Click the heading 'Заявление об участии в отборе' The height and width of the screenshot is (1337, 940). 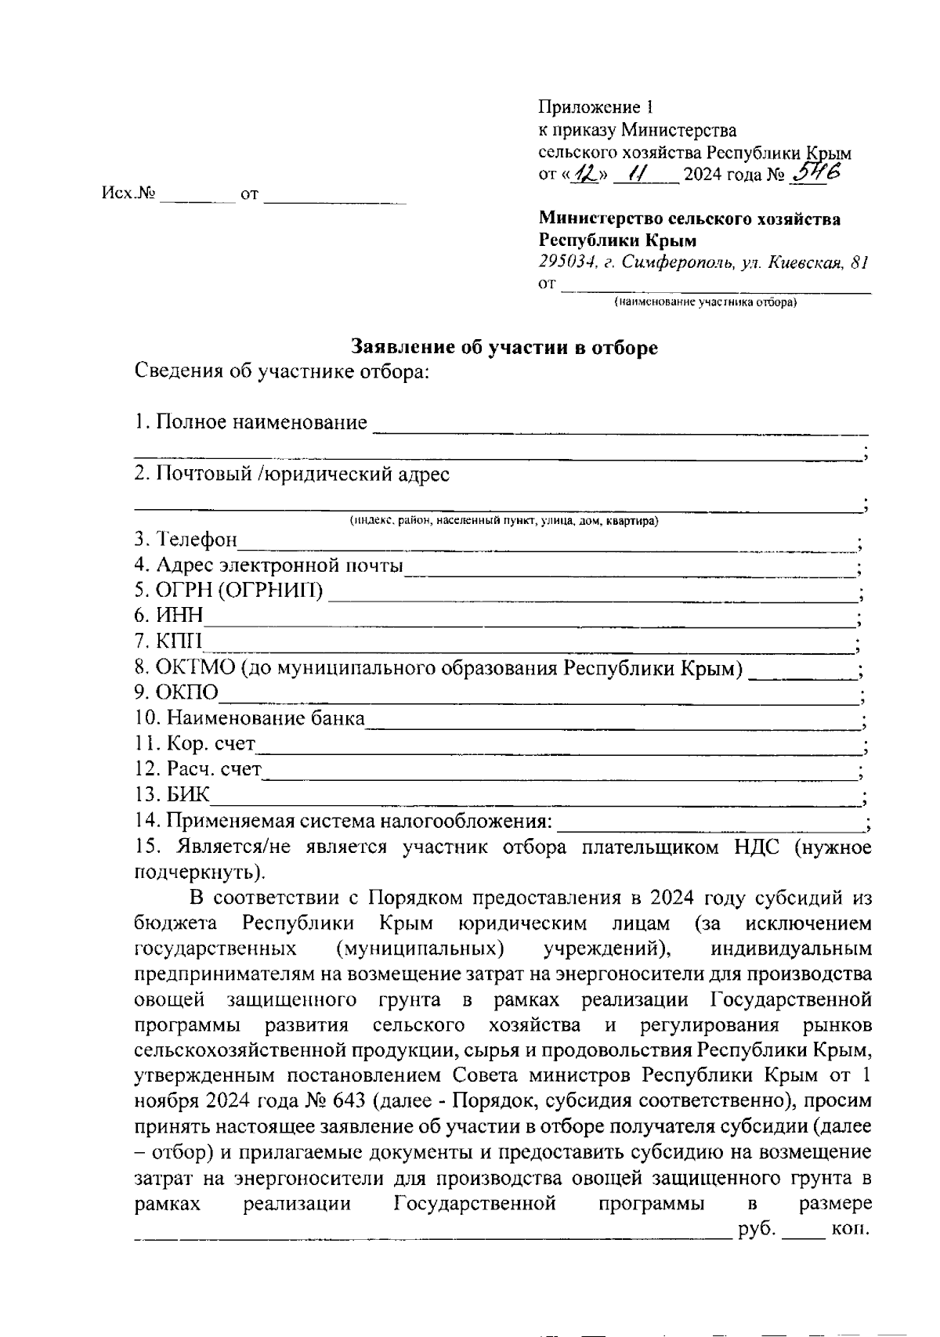pos(504,348)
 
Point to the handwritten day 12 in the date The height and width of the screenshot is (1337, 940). pos(583,173)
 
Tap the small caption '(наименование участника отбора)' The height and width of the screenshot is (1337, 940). pos(705,302)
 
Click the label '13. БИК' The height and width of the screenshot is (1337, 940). pos(172,796)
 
